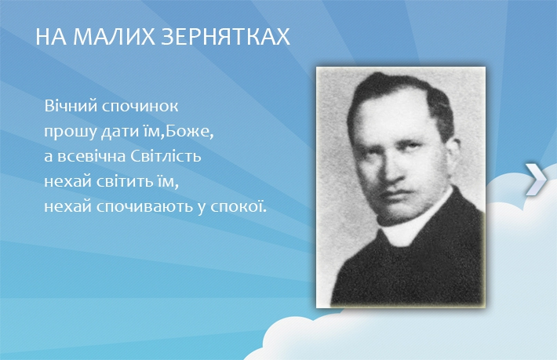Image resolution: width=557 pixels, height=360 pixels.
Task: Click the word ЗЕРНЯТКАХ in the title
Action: [x=226, y=37]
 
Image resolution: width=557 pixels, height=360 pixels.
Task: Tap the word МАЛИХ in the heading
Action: [x=114, y=37]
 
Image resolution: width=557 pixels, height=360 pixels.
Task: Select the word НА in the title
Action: [x=51, y=37]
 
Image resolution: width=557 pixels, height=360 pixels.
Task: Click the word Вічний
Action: [x=71, y=106]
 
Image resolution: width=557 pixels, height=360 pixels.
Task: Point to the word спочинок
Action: [x=140, y=107]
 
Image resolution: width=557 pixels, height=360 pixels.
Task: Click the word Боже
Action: [x=188, y=131]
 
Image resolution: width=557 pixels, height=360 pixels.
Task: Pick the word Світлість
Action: [x=166, y=156]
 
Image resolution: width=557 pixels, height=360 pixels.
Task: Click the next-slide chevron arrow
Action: [x=536, y=180]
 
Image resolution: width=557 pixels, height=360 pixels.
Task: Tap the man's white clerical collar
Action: [x=413, y=220]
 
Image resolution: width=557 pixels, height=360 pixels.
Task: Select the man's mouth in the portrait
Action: [x=395, y=195]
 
